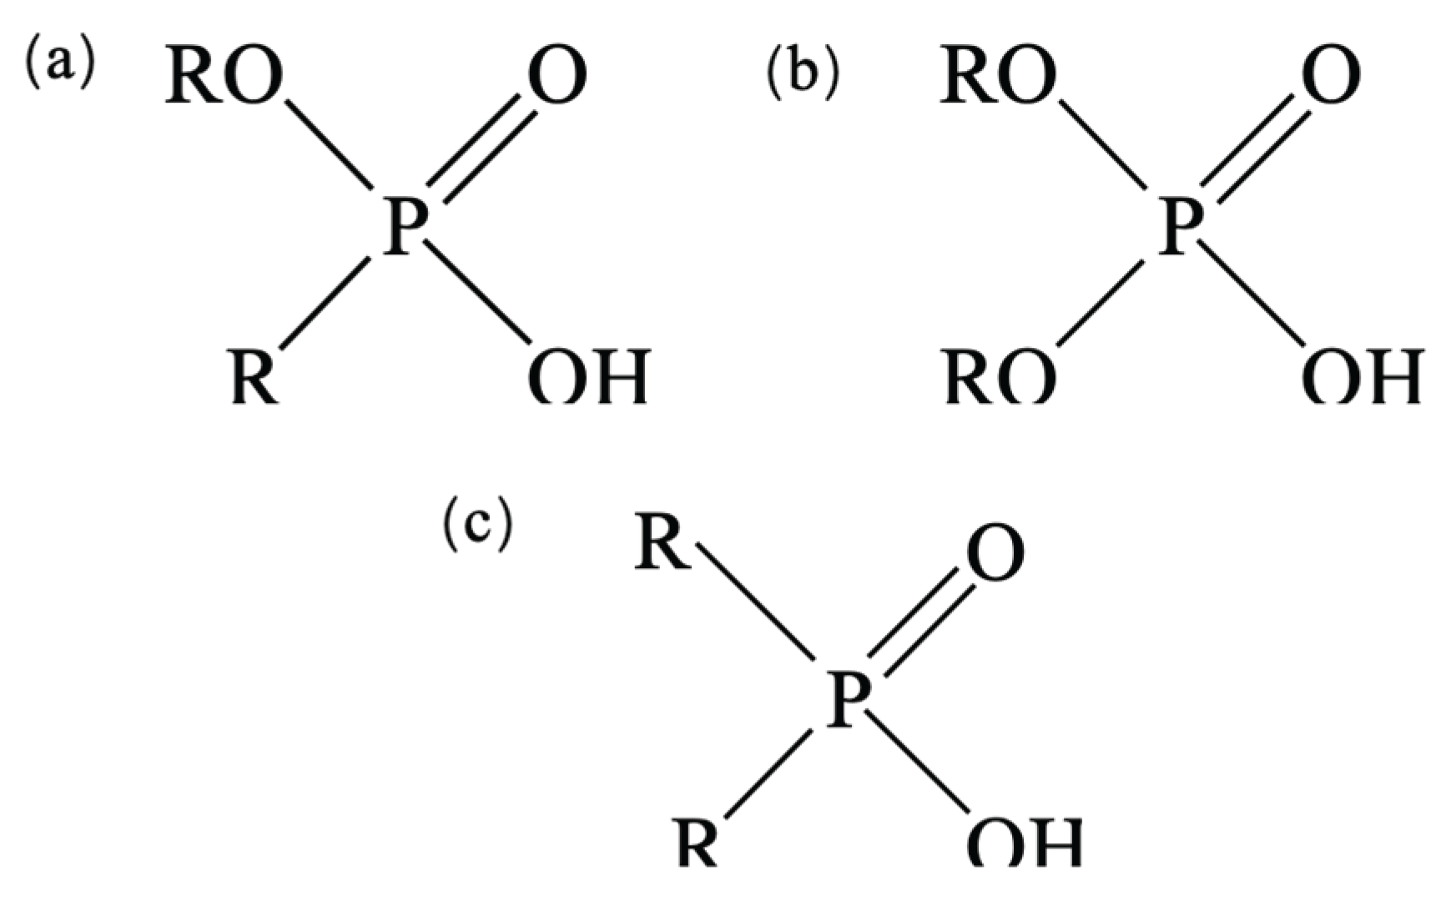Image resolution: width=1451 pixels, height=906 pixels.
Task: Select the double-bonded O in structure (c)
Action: tap(995, 553)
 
